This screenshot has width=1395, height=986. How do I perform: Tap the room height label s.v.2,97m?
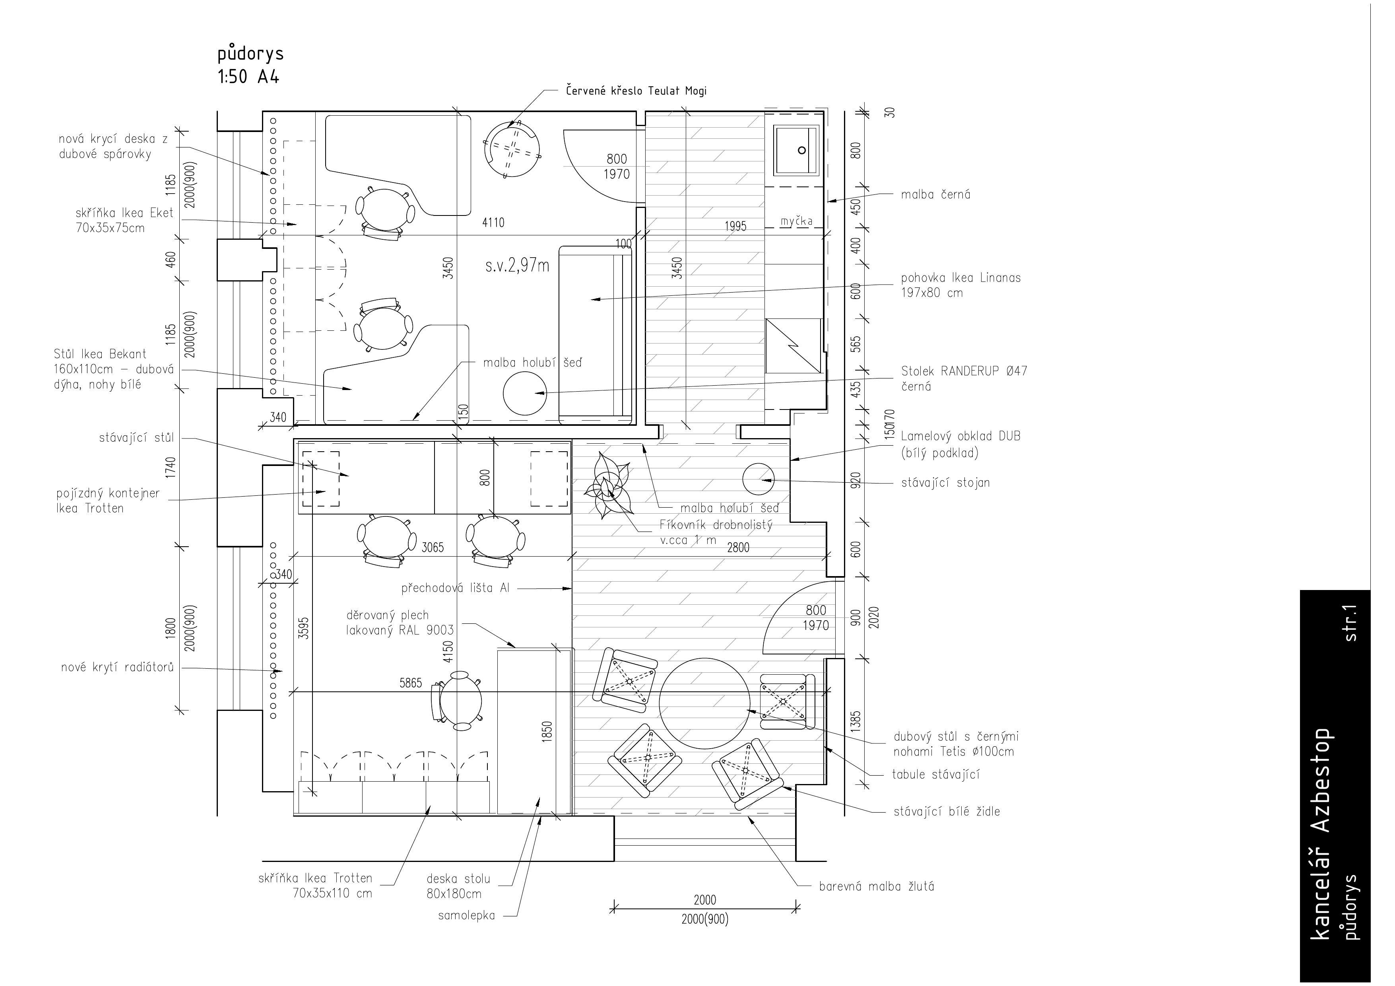[517, 266]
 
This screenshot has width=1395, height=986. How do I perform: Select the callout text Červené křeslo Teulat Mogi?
[636, 91]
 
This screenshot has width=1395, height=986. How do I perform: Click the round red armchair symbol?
[512, 150]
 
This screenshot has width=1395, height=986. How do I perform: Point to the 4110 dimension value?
[493, 223]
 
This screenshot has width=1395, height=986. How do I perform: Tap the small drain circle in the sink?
[802, 150]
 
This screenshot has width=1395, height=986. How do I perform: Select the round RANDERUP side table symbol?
[525, 394]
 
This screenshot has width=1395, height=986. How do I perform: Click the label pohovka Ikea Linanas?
[960, 278]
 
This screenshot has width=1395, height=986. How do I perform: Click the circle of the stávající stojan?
[758, 479]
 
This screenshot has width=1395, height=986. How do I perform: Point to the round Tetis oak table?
[705, 703]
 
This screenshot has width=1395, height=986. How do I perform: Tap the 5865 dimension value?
[411, 683]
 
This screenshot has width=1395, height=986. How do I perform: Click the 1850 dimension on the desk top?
[547, 731]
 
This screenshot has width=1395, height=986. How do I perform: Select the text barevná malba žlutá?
[877, 886]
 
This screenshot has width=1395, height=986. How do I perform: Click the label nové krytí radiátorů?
[117, 668]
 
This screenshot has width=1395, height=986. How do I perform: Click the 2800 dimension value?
[738, 547]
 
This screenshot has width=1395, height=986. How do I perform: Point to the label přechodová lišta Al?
[455, 588]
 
